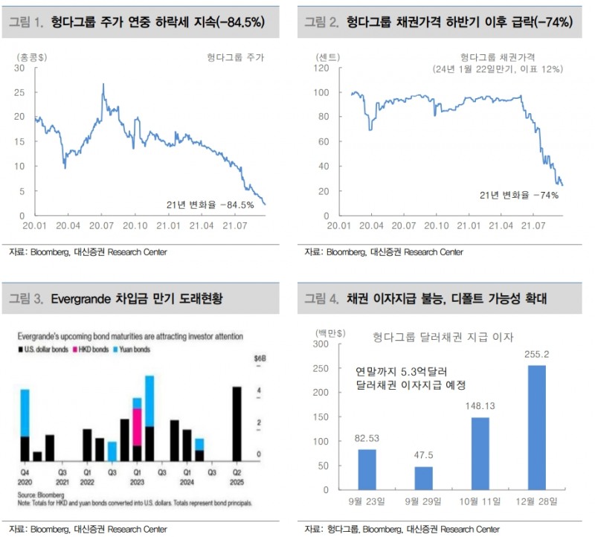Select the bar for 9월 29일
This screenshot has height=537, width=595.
click(x=422, y=478)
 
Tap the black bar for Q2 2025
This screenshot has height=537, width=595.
click(x=237, y=424)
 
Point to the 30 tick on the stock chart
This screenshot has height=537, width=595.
click(x=21, y=68)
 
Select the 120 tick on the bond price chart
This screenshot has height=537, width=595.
click(x=322, y=68)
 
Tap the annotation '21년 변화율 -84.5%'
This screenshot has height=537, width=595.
click(x=210, y=204)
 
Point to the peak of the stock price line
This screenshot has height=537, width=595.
click(x=103, y=85)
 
